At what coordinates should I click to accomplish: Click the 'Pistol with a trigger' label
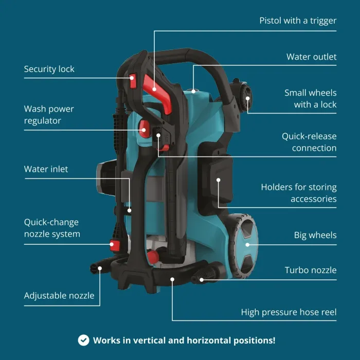(x=298, y=21)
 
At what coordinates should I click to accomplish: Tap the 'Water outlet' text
(x=311, y=57)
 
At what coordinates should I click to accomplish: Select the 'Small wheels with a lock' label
(x=310, y=99)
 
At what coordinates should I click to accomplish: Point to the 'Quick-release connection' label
(x=309, y=142)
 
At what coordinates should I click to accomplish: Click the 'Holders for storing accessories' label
(x=298, y=193)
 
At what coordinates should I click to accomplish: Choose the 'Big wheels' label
(x=315, y=236)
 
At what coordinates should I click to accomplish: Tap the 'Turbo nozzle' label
(x=311, y=271)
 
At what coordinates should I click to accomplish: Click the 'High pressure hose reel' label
(x=289, y=312)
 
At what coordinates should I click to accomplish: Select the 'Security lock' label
(x=49, y=69)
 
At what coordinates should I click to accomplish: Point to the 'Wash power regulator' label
(x=49, y=115)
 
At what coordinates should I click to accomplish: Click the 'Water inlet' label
(x=46, y=169)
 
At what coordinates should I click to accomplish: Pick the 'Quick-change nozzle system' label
(x=52, y=228)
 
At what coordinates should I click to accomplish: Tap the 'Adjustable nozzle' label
(x=59, y=296)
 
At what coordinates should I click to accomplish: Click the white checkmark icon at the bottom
(x=83, y=340)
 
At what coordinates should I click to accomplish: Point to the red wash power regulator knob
(x=144, y=128)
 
